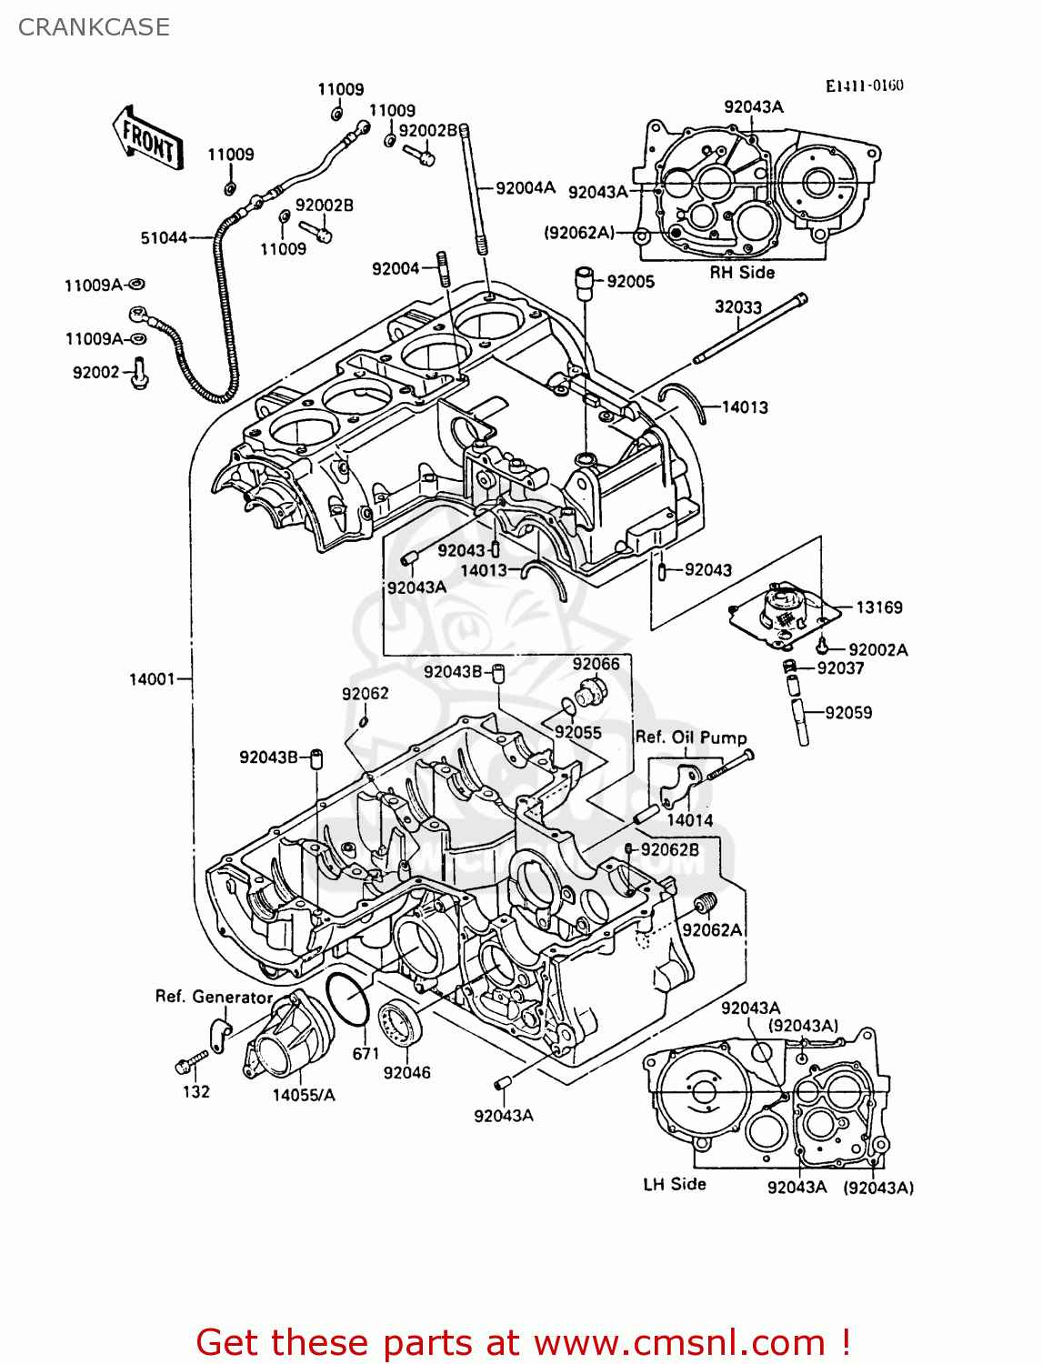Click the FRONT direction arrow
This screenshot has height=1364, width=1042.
click(148, 138)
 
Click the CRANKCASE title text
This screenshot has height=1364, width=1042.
click(94, 27)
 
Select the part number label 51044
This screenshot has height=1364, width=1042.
click(164, 238)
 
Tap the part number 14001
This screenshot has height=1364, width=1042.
click(152, 678)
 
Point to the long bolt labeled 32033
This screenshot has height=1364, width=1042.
click(750, 328)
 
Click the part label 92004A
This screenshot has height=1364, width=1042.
click(525, 188)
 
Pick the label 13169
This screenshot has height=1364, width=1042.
click(878, 607)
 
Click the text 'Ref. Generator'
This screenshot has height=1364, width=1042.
click(214, 997)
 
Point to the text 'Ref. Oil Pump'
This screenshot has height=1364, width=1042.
click(691, 737)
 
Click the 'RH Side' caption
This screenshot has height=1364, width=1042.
click(742, 273)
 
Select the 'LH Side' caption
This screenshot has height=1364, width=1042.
click(674, 1184)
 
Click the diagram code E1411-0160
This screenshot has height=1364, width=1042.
click(864, 85)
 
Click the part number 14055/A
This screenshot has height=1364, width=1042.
click(304, 1095)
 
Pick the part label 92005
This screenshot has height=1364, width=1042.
click(630, 282)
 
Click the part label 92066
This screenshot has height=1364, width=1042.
click(596, 664)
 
